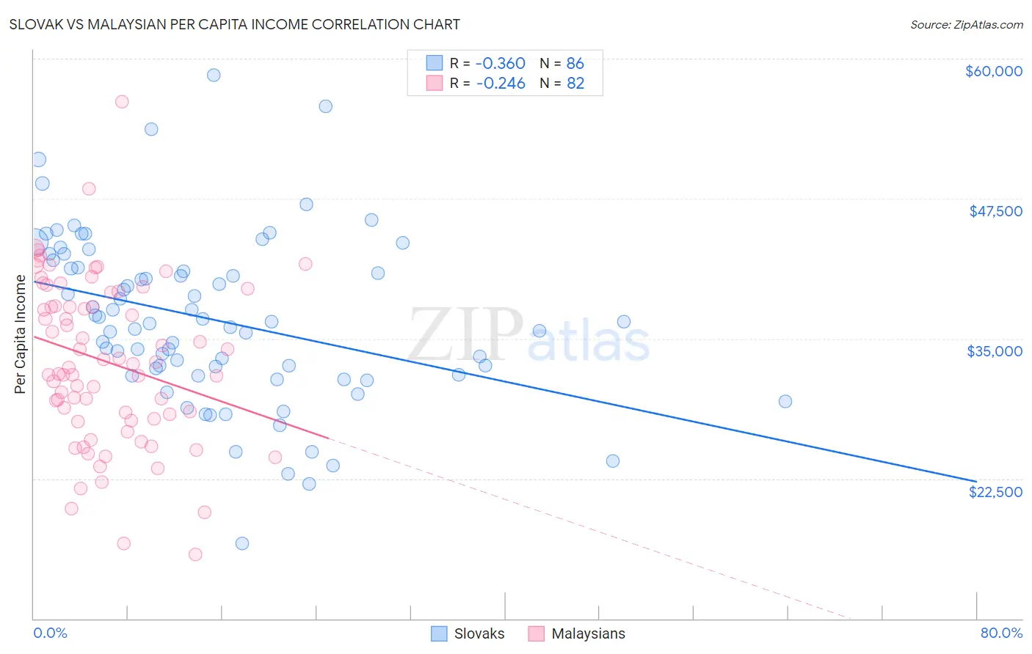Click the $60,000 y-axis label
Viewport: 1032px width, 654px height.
click(993, 71)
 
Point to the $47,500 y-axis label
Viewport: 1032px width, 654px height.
click(995, 211)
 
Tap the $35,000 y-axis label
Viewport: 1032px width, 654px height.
click(995, 351)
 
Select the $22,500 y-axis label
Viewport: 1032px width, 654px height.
click(995, 492)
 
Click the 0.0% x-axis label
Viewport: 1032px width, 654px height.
click(50, 633)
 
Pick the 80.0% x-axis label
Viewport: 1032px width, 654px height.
click(1001, 633)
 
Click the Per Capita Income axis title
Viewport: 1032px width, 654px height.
click(20, 334)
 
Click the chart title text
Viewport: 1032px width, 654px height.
click(234, 24)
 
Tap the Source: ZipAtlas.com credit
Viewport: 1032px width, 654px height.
click(966, 25)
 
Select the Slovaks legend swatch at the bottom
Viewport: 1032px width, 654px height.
click(439, 633)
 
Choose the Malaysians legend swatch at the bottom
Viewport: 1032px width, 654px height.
click(537, 633)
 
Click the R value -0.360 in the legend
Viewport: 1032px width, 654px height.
click(501, 64)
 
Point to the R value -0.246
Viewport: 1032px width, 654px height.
click(501, 84)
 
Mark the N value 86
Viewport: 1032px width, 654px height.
click(575, 64)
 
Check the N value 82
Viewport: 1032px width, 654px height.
click(575, 84)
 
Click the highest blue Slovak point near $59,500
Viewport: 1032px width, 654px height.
click(214, 75)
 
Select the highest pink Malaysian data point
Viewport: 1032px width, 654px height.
click(122, 102)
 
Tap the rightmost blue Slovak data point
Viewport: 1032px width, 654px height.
click(785, 401)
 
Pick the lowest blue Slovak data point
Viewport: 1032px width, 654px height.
click(242, 543)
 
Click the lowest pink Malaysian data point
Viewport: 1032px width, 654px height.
click(195, 554)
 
